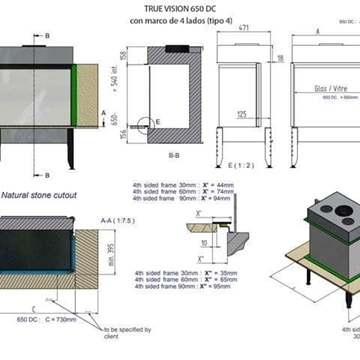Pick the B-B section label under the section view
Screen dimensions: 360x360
173,155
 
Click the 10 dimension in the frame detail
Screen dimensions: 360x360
203,241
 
